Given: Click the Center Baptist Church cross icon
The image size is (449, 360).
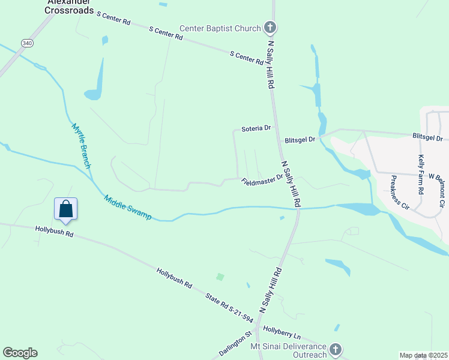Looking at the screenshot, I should (270, 28).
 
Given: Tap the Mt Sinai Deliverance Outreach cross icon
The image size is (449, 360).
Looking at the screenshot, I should (336, 349).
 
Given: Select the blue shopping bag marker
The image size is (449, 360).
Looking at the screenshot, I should (65, 209).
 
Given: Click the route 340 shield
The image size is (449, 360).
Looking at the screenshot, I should (27, 43).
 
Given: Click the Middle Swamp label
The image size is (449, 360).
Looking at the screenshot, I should (127, 207).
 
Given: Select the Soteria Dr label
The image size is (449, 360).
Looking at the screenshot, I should (256, 128).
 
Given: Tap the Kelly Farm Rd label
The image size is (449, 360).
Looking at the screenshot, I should (421, 174).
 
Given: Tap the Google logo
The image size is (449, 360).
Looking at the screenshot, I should (20, 353).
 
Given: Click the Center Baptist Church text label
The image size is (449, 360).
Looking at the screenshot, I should (221, 28).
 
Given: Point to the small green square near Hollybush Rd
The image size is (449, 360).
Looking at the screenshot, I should (220, 277).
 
